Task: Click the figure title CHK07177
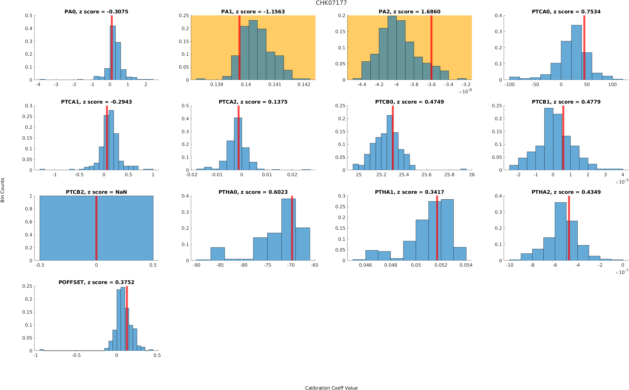(331, 3)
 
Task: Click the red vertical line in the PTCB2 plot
(96, 228)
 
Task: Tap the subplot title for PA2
(409, 12)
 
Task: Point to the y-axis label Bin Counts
(3, 190)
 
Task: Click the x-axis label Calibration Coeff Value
(331, 387)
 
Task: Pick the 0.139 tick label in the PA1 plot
(217, 84)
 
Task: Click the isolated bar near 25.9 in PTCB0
(463, 169)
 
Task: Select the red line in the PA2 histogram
(431, 48)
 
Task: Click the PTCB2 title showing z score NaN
(96, 192)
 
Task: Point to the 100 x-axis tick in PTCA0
(612, 84)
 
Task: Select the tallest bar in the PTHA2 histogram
(560, 231)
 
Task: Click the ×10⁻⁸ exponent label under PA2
(465, 91)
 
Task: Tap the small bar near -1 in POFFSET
(42, 350)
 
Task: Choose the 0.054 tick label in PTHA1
(466, 265)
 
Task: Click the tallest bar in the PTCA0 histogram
(576, 52)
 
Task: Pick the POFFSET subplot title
(96, 282)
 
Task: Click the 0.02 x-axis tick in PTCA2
(292, 175)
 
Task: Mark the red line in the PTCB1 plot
(563, 138)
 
